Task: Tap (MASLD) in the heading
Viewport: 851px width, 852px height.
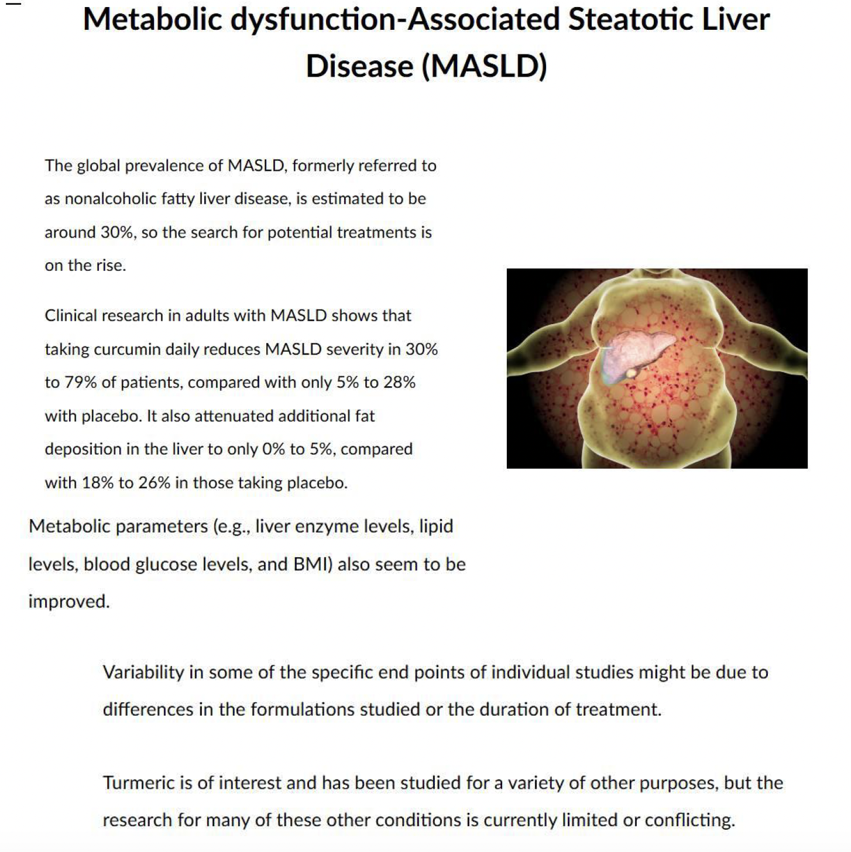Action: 485,66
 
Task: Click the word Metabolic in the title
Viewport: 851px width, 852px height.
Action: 153,19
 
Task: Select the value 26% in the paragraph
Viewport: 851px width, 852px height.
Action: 155,483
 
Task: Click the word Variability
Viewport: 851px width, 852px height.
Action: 143,672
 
